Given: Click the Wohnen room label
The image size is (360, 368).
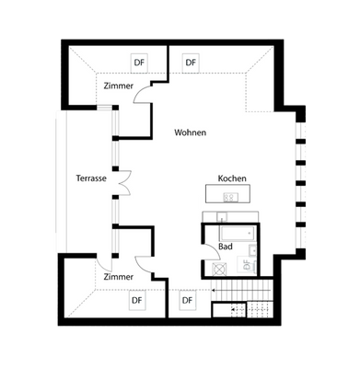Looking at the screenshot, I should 190,133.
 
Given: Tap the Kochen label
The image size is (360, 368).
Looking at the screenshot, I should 232,178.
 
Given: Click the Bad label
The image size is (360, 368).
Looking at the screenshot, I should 226,247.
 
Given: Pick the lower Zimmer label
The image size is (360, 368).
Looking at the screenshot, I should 118,277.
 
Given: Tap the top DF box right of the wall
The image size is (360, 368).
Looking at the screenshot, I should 191,63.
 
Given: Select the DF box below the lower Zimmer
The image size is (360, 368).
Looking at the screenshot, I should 137,300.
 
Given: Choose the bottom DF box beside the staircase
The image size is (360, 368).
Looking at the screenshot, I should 188,300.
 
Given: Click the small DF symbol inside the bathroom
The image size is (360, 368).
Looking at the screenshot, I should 246,265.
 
